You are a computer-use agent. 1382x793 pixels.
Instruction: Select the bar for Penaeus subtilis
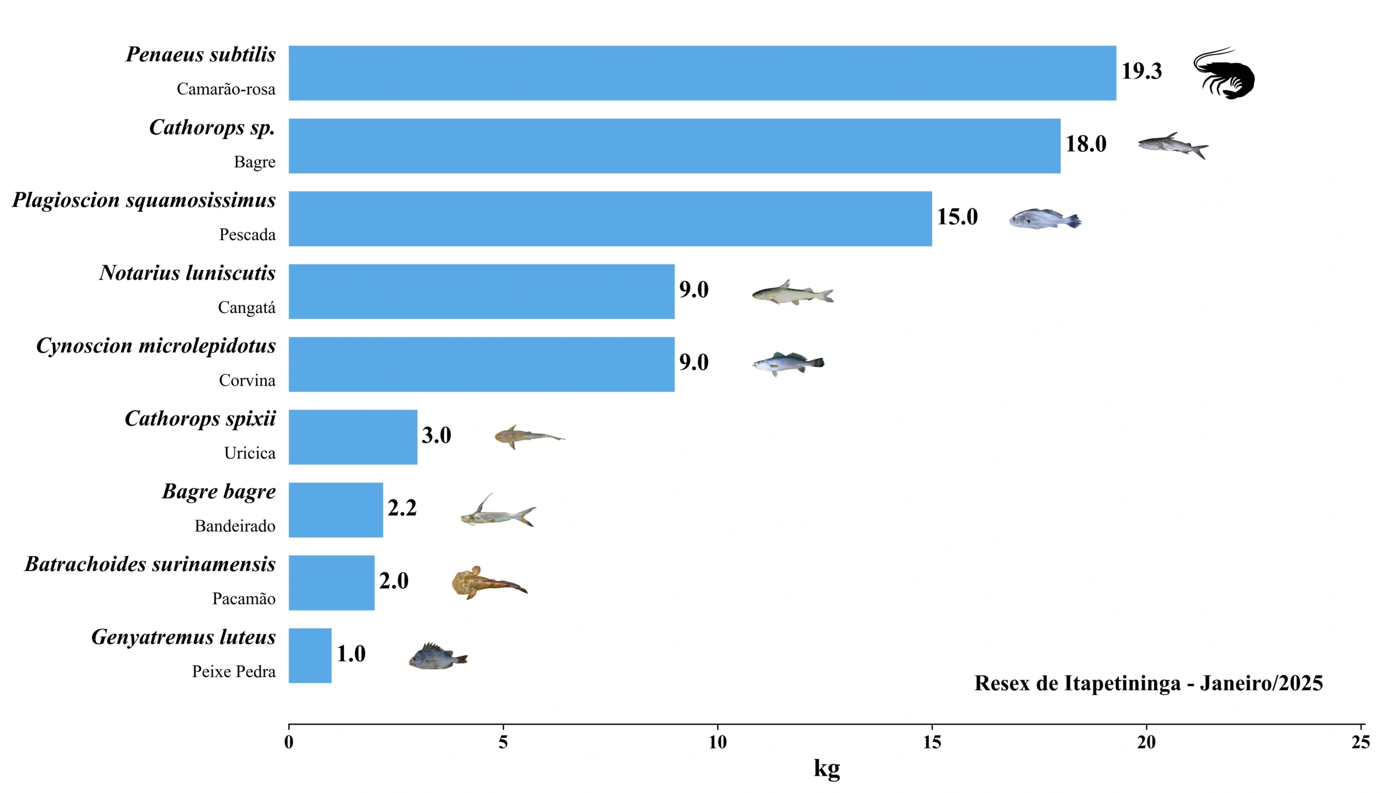702,73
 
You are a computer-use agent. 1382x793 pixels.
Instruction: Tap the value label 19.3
1141,71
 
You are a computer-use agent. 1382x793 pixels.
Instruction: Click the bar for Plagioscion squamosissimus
610,219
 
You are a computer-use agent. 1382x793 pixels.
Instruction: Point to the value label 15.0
957,217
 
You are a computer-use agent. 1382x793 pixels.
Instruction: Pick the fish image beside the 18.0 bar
1173,145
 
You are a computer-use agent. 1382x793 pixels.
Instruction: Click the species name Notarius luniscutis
187,273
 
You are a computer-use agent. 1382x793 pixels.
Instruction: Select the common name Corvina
247,380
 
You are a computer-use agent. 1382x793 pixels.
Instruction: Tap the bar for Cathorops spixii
353,437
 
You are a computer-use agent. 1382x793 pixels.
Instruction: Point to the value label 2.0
394,581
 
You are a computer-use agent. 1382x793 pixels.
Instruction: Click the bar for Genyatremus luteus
310,655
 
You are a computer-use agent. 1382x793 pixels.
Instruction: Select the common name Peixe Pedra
234,672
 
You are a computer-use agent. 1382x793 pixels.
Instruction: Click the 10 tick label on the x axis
717,742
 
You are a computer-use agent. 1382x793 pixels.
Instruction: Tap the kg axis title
827,768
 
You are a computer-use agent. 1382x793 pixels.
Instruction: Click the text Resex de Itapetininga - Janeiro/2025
1148,683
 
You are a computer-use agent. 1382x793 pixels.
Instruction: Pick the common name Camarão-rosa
226,89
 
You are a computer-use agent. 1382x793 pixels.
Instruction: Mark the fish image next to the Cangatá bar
792,293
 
